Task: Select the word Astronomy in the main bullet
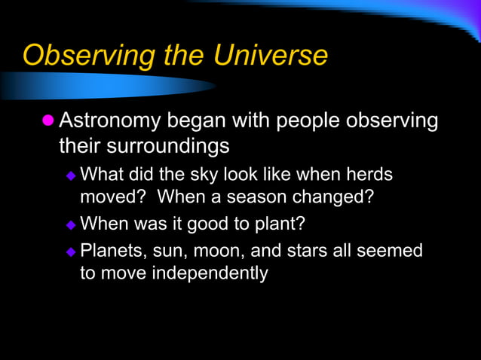pyautogui.click(x=109, y=121)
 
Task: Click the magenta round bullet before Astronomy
pyautogui.click(x=48, y=121)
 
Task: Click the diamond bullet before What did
pyautogui.click(x=71, y=175)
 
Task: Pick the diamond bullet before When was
pyautogui.click(x=71, y=224)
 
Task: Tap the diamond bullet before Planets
pyautogui.click(x=71, y=251)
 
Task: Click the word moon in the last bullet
pyautogui.click(x=227, y=250)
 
